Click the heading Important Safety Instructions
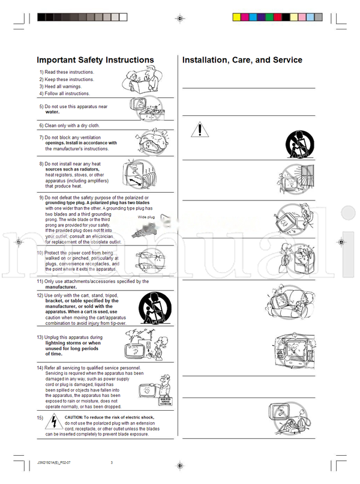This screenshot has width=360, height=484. coord(95,60)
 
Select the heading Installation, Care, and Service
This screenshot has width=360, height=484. coord(242,60)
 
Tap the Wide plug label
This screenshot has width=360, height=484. coord(146,217)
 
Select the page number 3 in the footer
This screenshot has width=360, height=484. coord(112,462)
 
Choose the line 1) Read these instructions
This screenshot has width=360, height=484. coord(67,72)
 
